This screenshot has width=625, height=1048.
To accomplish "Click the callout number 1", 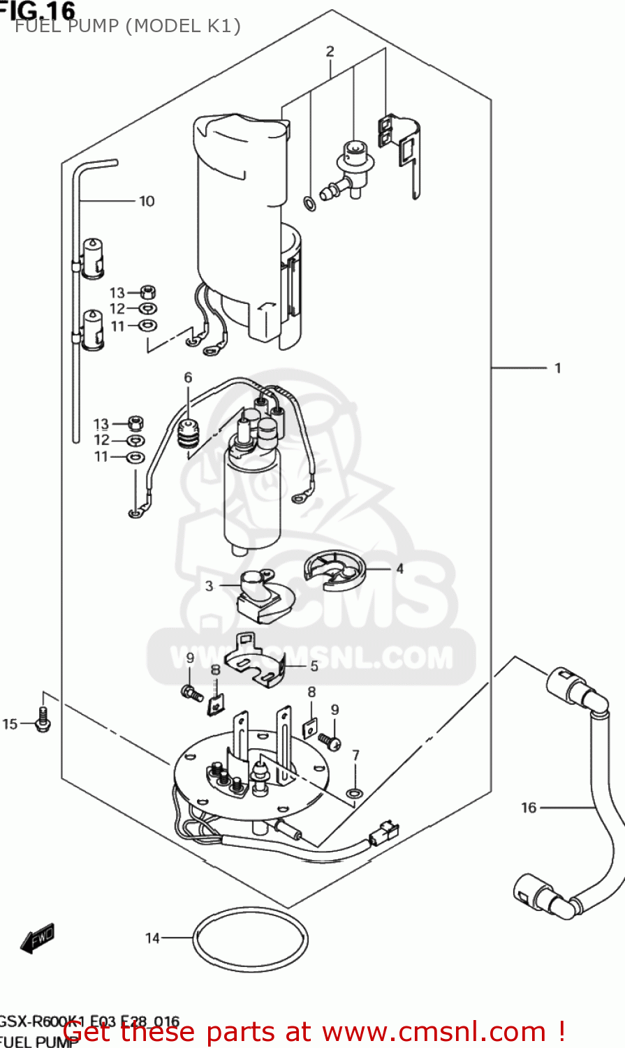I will (x=557, y=368).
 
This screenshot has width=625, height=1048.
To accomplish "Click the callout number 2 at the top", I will (x=330, y=51).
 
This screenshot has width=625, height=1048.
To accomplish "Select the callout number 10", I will (x=147, y=201).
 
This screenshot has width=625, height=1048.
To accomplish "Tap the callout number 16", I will (x=529, y=808).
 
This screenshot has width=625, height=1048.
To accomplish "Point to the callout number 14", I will (x=152, y=938).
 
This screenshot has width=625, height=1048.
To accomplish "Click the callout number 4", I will (x=399, y=569).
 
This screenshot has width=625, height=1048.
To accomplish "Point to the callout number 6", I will (x=188, y=378).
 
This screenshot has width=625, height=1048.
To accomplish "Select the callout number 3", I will (x=209, y=585).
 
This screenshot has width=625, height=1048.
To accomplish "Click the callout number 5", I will (x=314, y=666).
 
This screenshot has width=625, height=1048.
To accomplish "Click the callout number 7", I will (x=355, y=755).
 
